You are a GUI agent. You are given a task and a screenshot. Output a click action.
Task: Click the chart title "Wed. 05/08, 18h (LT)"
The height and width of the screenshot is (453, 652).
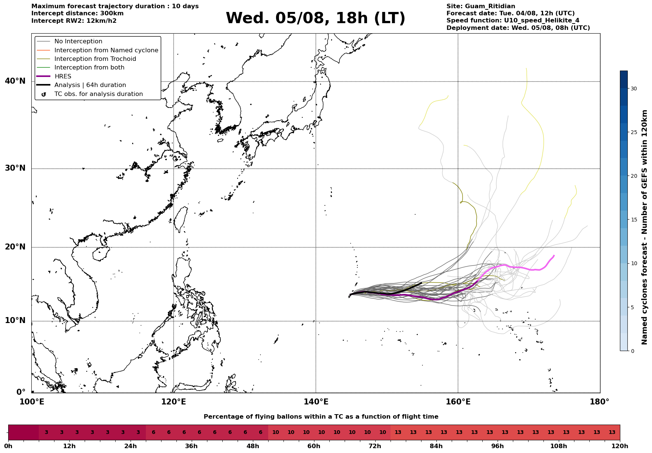click(x=315, y=18)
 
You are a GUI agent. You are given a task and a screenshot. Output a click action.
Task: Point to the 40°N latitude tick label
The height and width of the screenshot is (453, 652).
click(x=15, y=81)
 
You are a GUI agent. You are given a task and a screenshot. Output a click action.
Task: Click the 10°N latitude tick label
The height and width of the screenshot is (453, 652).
click(x=15, y=321)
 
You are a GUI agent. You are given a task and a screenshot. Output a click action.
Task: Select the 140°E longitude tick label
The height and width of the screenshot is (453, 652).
click(x=316, y=402)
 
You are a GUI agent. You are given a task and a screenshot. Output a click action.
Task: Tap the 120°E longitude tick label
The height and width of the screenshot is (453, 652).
click(x=173, y=402)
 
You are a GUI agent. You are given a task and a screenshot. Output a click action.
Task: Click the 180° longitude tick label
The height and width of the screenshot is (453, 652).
click(x=600, y=402)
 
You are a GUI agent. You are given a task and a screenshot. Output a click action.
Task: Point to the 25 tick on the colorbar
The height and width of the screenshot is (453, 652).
click(x=633, y=132)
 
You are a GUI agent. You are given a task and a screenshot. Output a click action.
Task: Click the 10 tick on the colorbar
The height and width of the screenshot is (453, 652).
click(x=633, y=263)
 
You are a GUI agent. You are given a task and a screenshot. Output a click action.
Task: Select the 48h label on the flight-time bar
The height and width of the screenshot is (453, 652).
click(x=253, y=446)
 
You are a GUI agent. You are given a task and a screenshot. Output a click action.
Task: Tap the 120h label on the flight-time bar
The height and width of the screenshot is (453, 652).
click(x=620, y=446)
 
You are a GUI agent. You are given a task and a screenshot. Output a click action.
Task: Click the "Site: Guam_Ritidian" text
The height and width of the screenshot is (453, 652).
click(x=481, y=6)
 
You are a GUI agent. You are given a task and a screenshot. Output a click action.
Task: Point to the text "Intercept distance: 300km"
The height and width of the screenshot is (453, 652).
click(x=78, y=13)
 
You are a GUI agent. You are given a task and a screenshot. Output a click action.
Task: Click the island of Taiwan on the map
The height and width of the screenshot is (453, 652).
click(x=181, y=219)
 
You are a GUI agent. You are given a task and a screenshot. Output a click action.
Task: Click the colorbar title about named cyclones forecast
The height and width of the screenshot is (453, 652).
click(x=644, y=227)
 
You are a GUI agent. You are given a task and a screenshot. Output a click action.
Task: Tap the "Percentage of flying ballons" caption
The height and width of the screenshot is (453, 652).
click(x=321, y=417)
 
